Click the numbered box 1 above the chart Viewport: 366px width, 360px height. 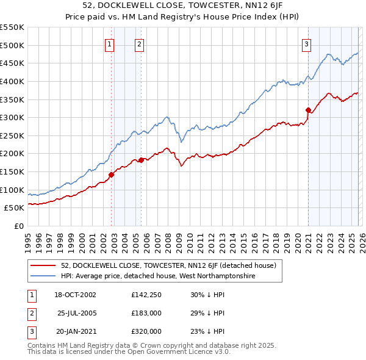coord(109,43)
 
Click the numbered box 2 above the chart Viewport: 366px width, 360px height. coord(140,43)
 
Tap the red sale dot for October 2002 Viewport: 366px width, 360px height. coord(112,175)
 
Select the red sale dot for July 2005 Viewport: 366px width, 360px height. coord(141,160)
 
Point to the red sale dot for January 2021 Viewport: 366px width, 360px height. coord(308,110)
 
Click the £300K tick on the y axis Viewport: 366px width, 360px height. coord(12,117)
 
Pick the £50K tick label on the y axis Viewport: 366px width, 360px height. coord(14,208)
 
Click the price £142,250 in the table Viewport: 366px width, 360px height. coord(146,295)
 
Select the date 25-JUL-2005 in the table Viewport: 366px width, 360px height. coord(76,313)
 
